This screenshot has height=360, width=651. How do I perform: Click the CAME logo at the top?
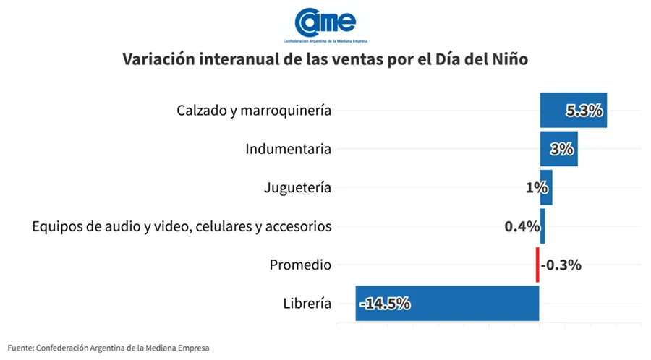point(325,24)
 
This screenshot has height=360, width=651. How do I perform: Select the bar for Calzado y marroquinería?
point(573,111)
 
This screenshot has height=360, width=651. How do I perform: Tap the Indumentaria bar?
point(558,149)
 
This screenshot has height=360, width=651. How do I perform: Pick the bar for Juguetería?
point(546,187)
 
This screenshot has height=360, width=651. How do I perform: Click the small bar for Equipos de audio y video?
point(542,226)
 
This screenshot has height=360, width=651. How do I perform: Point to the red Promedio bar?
point(537,265)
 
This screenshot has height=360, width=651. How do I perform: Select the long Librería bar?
point(447,303)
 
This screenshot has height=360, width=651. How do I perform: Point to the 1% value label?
point(536,187)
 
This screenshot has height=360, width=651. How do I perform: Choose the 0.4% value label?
point(522,226)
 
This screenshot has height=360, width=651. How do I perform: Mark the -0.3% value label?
point(561,265)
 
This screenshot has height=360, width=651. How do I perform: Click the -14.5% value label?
point(385,304)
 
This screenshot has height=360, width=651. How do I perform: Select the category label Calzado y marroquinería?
point(254,111)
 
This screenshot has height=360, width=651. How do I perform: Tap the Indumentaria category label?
point(288,150)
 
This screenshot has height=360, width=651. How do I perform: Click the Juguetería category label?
point(298,188)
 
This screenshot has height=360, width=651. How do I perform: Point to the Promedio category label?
point(300,265)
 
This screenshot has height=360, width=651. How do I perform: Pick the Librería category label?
point(308,304)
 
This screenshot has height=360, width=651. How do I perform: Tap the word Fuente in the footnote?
point(20,348)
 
